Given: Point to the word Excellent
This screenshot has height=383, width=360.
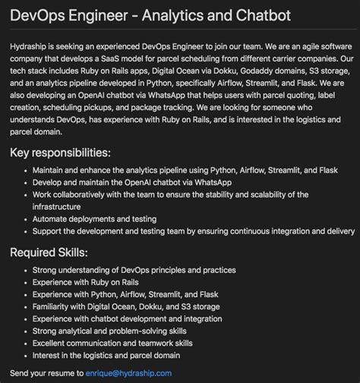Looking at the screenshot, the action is pos(50,342).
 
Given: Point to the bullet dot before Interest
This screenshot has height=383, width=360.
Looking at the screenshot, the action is pos(26,355).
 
